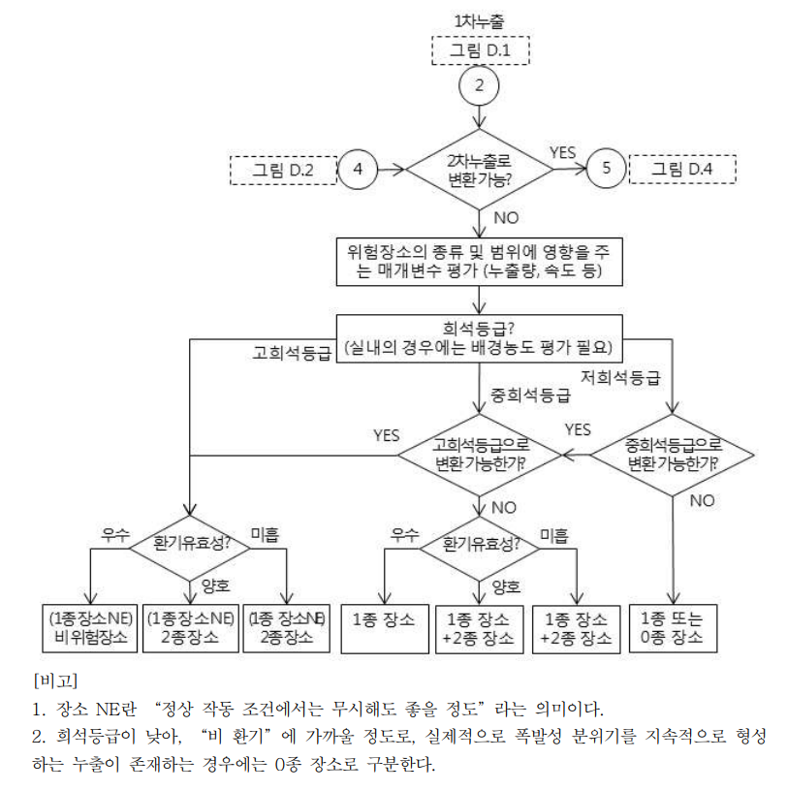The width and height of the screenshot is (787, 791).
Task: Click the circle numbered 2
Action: point(478,84)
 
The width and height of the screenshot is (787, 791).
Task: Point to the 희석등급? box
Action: point(478,336)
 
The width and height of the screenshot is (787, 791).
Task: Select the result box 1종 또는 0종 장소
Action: point(672,628)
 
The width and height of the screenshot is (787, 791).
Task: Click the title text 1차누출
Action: point(478,19)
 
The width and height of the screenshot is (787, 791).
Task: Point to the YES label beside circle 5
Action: point(562,152)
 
